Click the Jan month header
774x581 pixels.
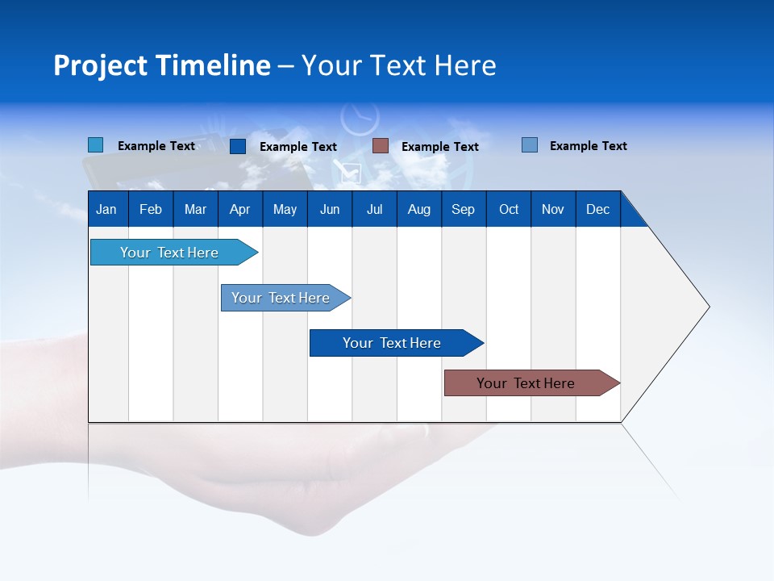[107, 209]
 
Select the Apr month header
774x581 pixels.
[240, 209]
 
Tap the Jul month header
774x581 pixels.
[374, 209]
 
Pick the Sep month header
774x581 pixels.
[464, 209]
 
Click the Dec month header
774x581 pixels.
[597, 209]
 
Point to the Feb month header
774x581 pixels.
[151, 209]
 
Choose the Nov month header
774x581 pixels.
[553, 209]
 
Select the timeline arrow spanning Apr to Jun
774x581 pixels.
[281, 298]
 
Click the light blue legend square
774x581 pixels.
[96, 145]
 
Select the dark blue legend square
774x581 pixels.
[238, 146]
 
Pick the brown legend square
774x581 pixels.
[381, 146]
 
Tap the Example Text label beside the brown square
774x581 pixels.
[439, 147]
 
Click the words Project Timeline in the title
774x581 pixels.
[162, 65]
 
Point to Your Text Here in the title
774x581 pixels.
[398, 65]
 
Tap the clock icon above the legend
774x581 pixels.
[360, 118]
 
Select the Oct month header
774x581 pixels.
[509, 209]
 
